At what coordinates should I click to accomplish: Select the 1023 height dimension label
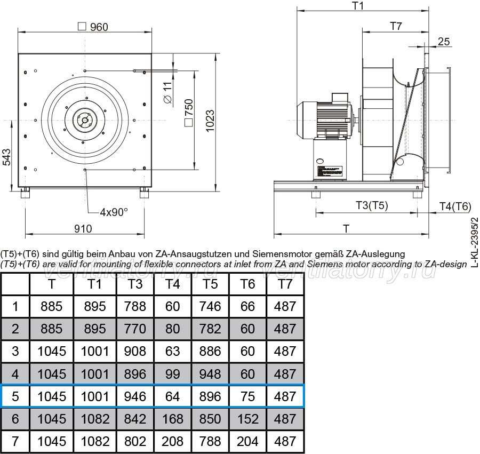pyautogui.click(x=210, y=121)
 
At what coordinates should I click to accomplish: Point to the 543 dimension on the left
pyautogui.click(x=6, y=157)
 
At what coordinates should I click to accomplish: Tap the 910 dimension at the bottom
pyautogui.click(x=83, y=229)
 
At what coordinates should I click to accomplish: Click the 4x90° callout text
pyautogui.click(x=114, y=212)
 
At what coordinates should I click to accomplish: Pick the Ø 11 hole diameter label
pyautogui.click(x=167, y=92)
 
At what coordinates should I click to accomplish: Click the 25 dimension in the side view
pyautogui.click(x=444, y=41)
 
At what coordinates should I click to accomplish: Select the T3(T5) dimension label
pyautogui.click(x=372, y=205)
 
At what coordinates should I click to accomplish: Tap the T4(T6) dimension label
pyautogui.click(x=455, y=206)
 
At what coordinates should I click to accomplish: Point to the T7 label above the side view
pyautogui.click(x=396, y=26)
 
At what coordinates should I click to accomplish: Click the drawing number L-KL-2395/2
pyautogui.click(x=474, y=242)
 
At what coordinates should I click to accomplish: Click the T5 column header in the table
pyautogui.click(x=210, y=284)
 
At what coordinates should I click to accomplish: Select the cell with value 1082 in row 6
pyautogui.click(x=95, y=419)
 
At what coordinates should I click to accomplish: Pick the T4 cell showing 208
pyautogui.click(x=172, y=441)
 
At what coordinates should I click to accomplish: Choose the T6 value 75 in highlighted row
pyautogui.click(x=247, y=396)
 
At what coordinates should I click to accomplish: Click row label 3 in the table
pyautogui.click(x=15, y=351)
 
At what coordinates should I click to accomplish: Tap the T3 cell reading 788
pyautogui.click(x=135, y=306)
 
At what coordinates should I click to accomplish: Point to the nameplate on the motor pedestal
pyautogui.click(x=330, y=171)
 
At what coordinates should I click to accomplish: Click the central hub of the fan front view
pyautogui.click(x=84, y=120)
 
